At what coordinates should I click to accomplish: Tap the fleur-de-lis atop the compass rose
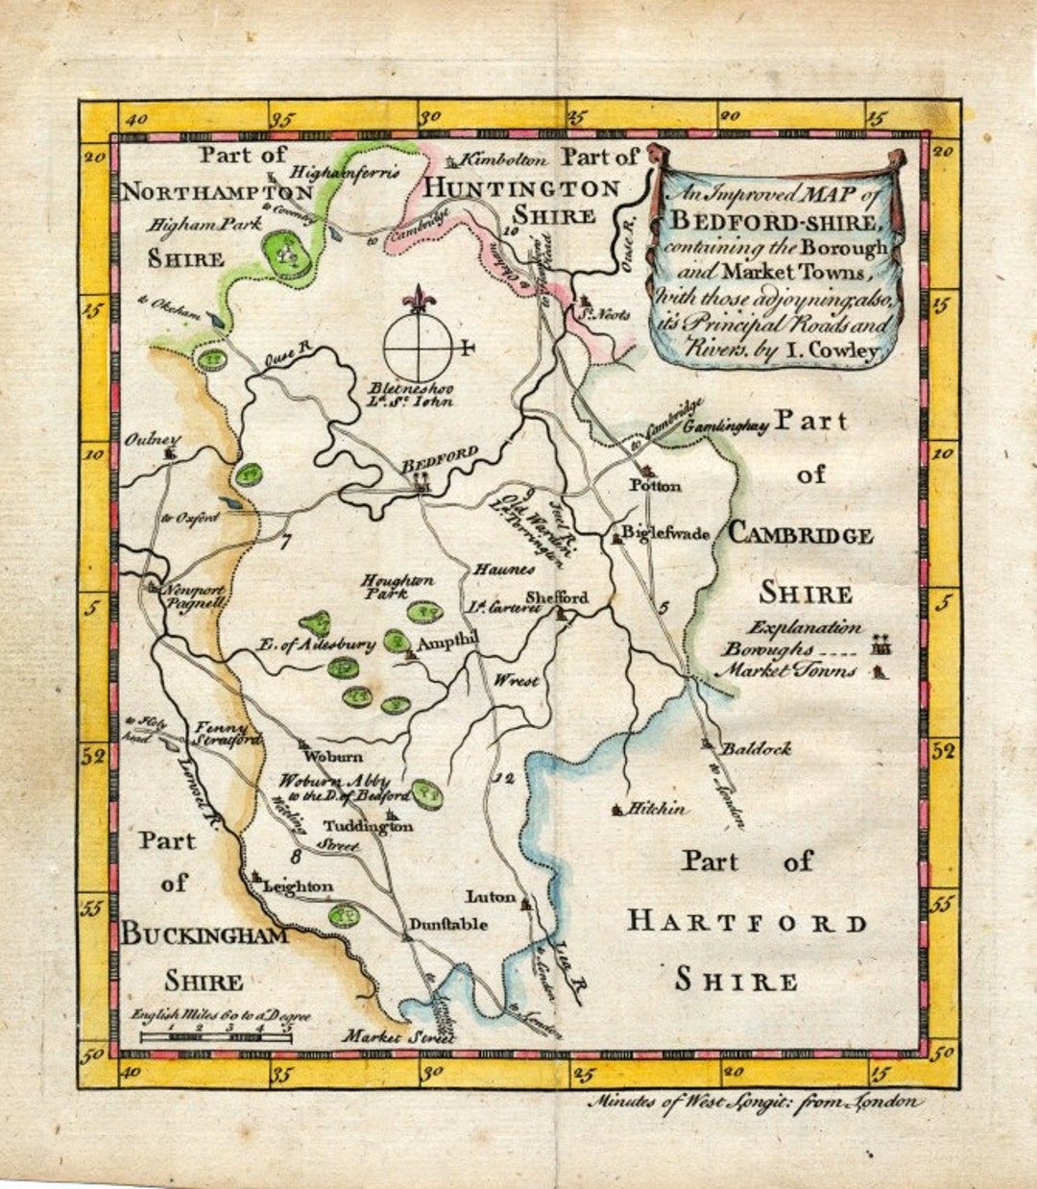(x=419, y=299)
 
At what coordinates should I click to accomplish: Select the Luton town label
(x=491, y=897)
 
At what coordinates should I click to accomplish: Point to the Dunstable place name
(x=448, y=925)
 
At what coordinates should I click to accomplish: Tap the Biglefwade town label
(x=664, y=533)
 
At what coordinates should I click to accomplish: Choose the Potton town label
(x=655, y=486)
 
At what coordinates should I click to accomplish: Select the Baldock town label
(x=756, y=748)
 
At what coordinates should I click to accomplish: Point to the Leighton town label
(x=298, y=886)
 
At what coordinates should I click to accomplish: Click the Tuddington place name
(x=368, y=826)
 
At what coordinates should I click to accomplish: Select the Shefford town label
(x=556, y=597)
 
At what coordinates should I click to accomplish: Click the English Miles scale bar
(x=216, y=1035)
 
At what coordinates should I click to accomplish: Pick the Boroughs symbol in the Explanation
(x=880, y=648)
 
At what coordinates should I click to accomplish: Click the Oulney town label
(x=152, y=439)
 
